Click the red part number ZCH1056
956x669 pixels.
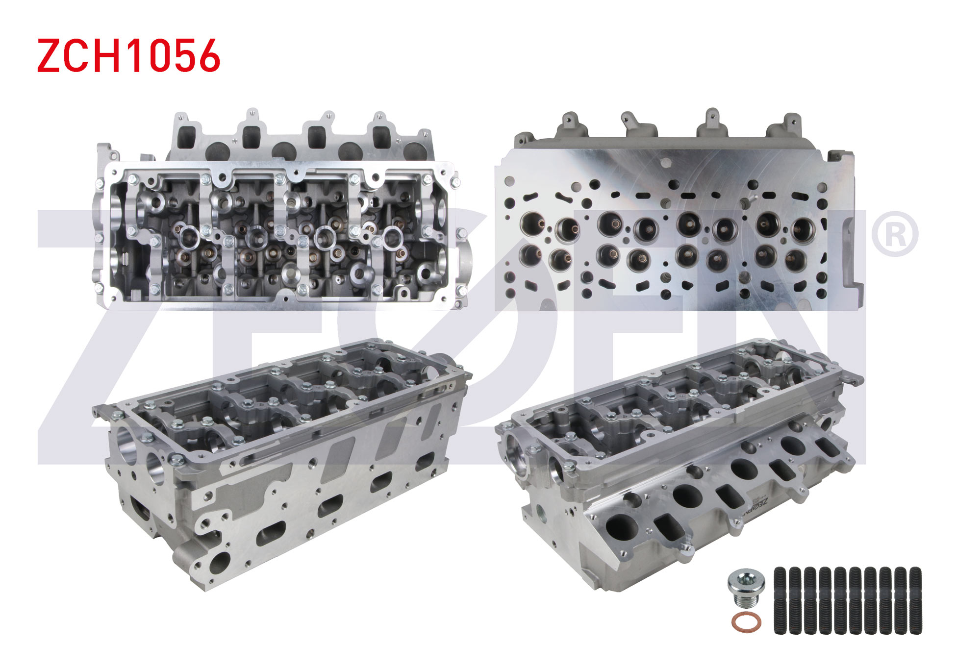point(128,56)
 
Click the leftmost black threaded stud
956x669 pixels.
point(780,600)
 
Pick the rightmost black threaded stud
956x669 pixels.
point(915,600)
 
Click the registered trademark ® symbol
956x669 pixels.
point(895,234)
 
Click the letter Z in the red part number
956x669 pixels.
point(49,56)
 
